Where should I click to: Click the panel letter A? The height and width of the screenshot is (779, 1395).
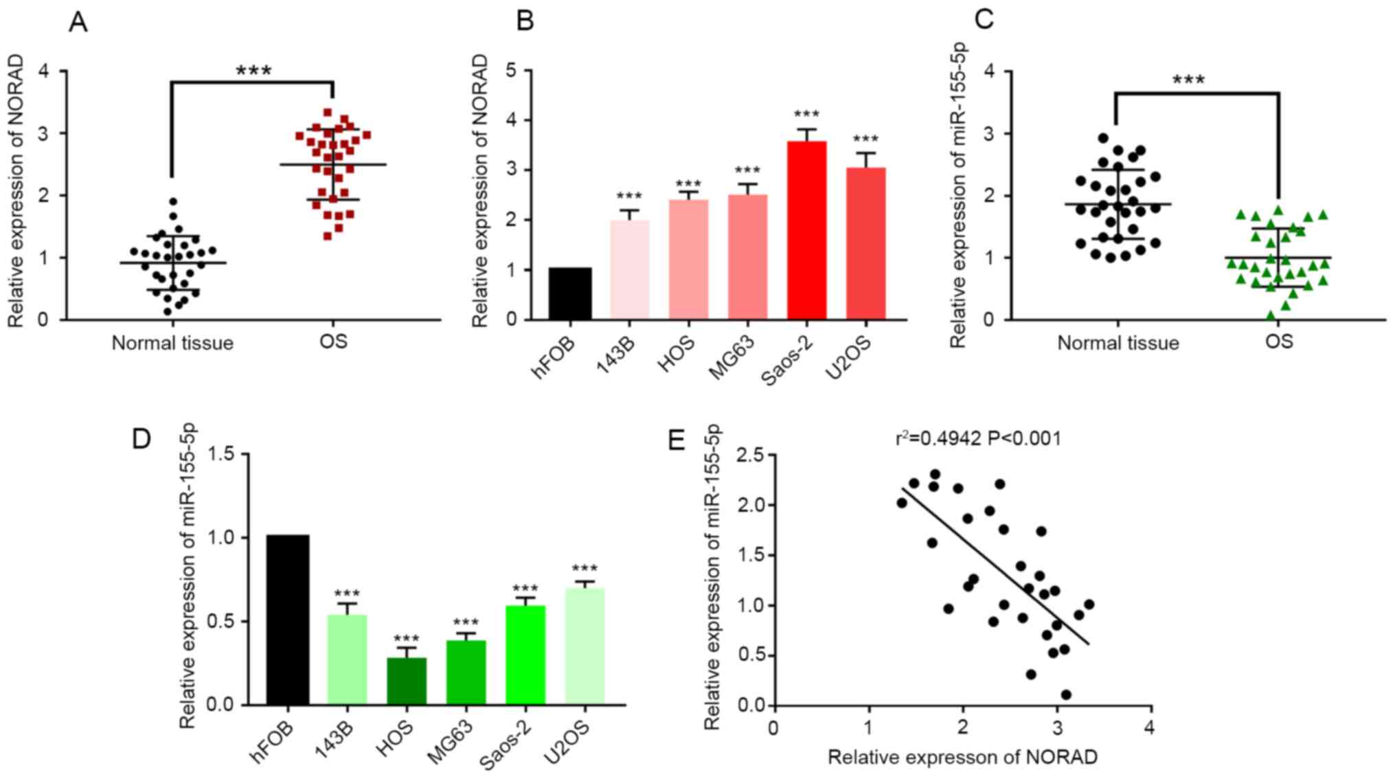[x=78, y=23]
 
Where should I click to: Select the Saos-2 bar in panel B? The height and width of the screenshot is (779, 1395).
[x=806, y=230]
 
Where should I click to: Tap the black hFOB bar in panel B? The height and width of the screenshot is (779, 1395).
[x=570, y=293]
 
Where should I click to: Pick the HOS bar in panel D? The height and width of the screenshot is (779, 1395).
[x=407, y=681]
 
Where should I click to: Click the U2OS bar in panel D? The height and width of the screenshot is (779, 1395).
[x=585, y=646]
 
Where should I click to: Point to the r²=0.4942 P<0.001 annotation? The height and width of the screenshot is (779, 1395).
[x=978, y=438]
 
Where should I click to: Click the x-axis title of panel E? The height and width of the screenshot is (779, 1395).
[x=962, y=757]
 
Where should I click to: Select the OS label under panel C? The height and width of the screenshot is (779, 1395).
[x=1278, y=341]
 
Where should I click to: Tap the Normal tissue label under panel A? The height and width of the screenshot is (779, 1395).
[x=172, y=343]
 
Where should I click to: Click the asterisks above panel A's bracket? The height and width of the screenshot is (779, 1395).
[x=253, y=71]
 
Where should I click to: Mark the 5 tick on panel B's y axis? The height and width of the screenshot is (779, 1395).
[x=510, y=71]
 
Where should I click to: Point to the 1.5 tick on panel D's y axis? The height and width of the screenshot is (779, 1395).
[x=219, y=454]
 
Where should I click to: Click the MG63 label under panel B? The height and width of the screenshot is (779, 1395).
[x=731, y=357]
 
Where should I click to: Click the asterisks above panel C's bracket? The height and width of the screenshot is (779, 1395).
[x=1188, y=80]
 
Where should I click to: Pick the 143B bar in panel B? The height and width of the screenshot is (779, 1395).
[x=629, y=269]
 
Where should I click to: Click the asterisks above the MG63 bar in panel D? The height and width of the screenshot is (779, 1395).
[x=466, y=624]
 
